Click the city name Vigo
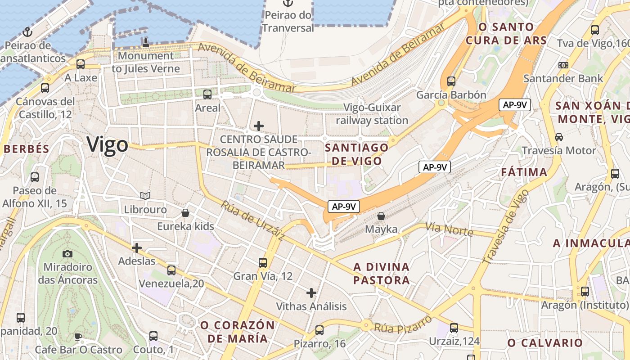point(107,144)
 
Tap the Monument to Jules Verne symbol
point(145,43)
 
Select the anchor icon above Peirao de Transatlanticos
point(28,32)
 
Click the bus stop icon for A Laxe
point(81,64)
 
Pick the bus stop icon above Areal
point(207,94)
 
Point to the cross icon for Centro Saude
point(259,126)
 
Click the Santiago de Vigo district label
point(356,154)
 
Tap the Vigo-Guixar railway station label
point(372,114)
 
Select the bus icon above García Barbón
point(451,81)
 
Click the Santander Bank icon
point(563,65)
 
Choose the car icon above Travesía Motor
point(559,137)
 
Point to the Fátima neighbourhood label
point(524,172)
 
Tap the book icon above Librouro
point(145,196)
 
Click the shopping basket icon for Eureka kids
point(185,212)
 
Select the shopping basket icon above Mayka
point(381,216)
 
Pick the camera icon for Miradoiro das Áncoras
point(67,254)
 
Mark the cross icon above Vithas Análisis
point(311,293)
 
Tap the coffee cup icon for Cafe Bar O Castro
point(78,337)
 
